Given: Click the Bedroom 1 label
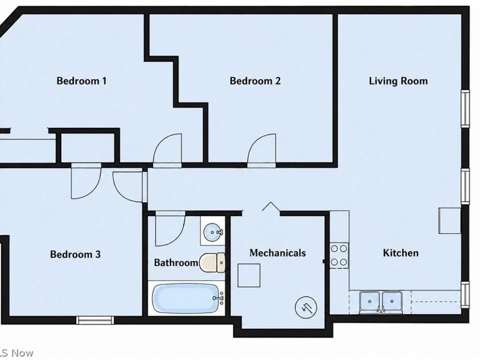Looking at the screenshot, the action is pos(82,81).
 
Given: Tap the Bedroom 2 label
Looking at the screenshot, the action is pos(255,81).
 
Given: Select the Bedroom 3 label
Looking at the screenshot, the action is pos(76,254).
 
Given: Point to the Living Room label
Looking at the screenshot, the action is pos(398,81).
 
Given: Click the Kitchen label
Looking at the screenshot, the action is pos(401,253).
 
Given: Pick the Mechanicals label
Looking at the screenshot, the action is pos(278,253).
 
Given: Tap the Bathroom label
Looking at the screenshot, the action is pos(176,263).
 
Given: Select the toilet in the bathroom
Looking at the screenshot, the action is pos(212,263).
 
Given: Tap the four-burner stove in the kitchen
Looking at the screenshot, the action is pos(339,254).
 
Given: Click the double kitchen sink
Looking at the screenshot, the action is pos(381,302).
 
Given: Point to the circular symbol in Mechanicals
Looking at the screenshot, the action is pos(306,307).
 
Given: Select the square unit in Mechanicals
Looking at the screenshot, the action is pos(249,275).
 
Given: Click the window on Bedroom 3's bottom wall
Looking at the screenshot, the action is pos(95,320).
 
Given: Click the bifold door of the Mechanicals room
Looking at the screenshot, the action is pos(271,206).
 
